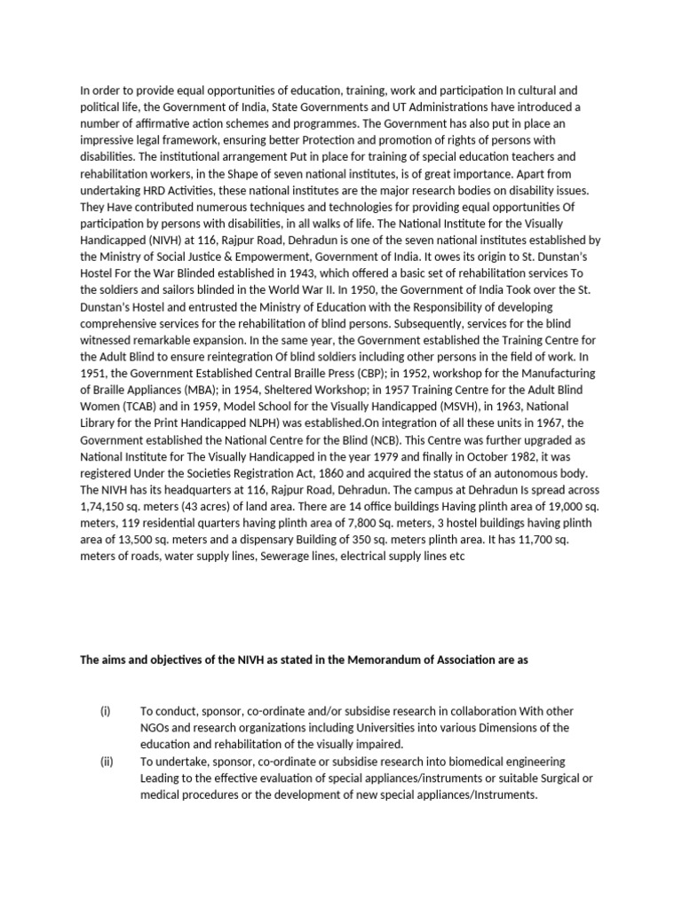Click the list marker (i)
pos(106,711)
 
